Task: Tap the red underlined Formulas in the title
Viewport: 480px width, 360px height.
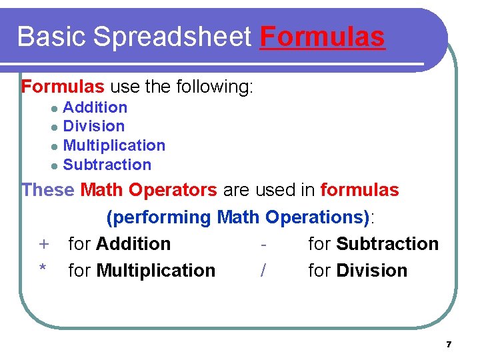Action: (x=323, y=37)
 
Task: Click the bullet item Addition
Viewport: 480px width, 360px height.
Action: (x=95, y=107)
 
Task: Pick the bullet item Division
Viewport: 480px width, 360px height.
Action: (x=93, y=126)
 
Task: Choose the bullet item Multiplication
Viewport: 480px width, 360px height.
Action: (x=114, y=145)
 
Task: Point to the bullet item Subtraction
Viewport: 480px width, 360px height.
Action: (x=107, y=165)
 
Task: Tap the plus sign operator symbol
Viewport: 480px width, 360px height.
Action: (x=43, y=245)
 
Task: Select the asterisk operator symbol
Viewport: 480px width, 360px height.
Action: (x=43, y=269)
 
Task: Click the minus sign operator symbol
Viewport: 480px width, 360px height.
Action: (x=264, y=245)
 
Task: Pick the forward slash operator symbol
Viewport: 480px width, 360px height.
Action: (x=264, y=271)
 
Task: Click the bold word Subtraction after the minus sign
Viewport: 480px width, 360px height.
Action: (x=387, y=244)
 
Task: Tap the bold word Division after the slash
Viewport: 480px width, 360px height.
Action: (x=371, y=271)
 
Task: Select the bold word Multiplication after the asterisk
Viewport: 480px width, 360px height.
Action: (x=156, y=271)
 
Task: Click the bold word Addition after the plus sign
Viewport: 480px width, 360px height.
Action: (x=133, y=244)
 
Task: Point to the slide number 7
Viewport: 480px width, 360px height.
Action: (x=449, y=345)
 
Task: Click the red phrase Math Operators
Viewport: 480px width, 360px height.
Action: (x=148, y=190)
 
